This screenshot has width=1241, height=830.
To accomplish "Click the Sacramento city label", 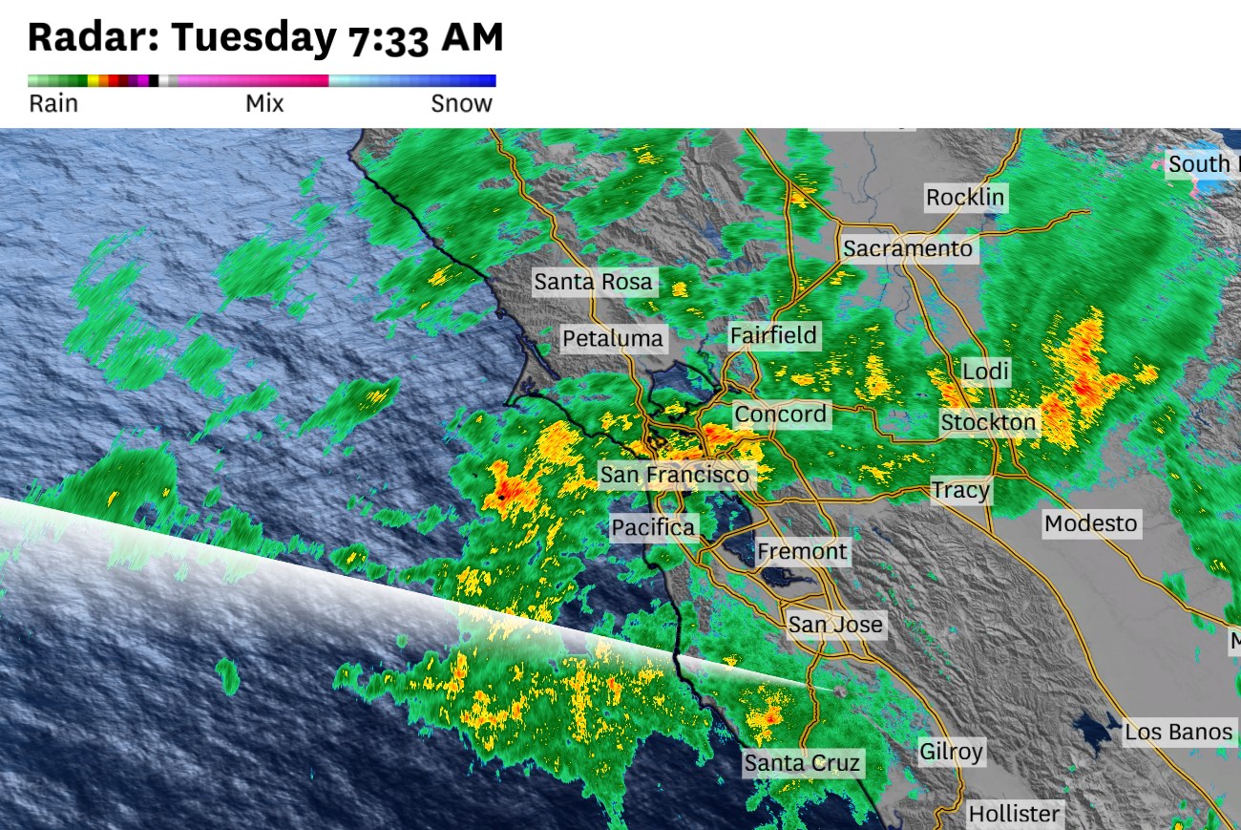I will tap(908, 249).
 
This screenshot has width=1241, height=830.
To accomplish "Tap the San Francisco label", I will tap(674, 474).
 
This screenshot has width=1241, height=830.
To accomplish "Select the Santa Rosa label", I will tap(593, 282).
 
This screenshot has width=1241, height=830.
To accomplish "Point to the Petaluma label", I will tap(612, 338).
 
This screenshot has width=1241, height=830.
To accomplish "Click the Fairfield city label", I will tap(773, 335).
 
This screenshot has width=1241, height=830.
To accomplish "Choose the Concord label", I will tap(780, 415).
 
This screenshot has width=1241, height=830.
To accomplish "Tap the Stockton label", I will tap(988, 422).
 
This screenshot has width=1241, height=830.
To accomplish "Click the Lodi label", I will tap(985, 372).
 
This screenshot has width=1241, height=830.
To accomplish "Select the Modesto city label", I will tap(1090, 523).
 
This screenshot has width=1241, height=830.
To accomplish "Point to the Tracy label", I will tap(960, 491).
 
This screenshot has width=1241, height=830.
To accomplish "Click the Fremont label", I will tap(802, 552).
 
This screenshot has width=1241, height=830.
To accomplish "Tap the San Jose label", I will tap(835, 626).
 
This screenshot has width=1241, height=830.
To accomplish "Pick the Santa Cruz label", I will tap(802, 763).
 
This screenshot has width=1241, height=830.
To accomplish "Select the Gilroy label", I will tap(951, 752).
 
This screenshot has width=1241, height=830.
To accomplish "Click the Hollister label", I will tap(1014, 814).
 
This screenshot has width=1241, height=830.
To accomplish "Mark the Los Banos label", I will tap(1178, 733).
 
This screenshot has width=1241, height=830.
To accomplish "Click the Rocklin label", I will tap(965, 199).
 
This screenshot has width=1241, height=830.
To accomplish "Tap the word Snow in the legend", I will tap(461, 104).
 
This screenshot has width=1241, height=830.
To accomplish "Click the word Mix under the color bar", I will tap(264, 104).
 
